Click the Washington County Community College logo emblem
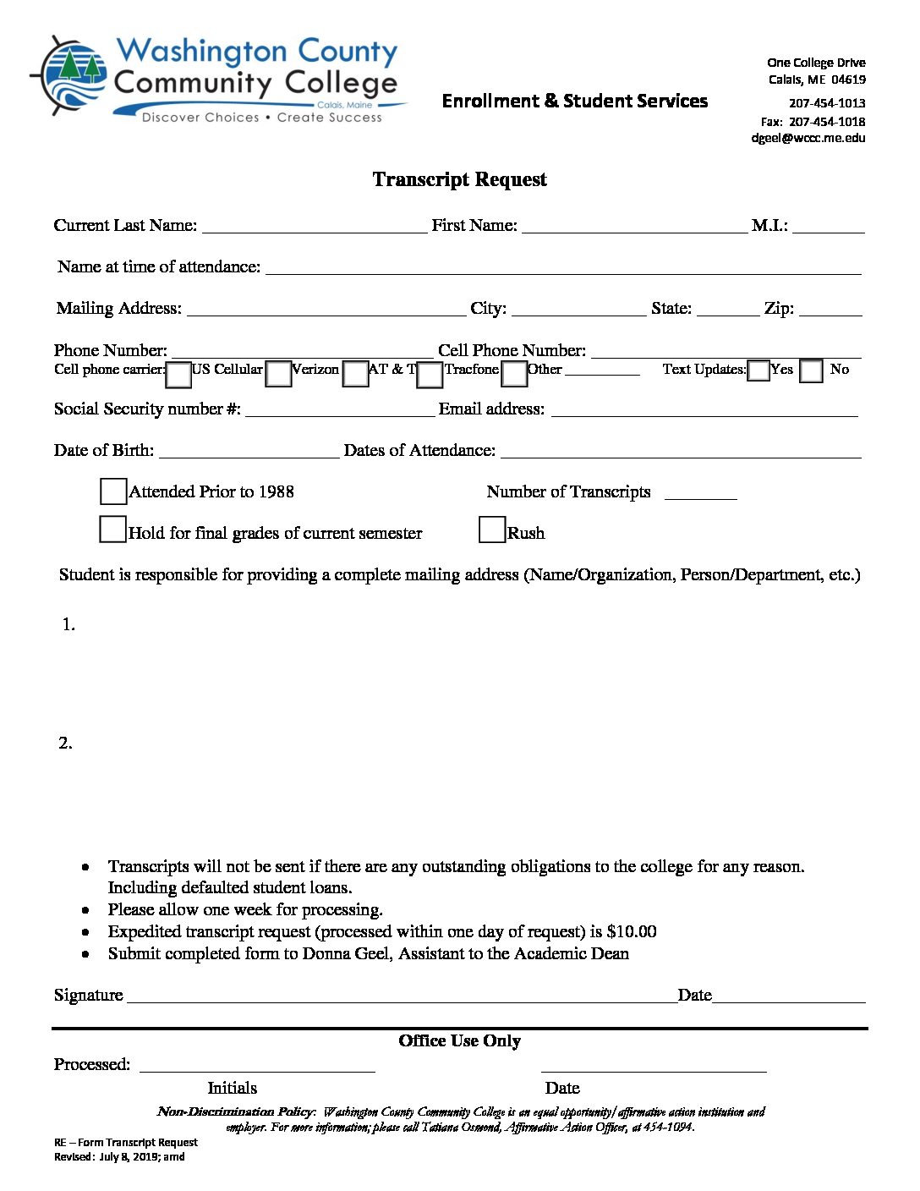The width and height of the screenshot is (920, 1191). (x=69, y=76)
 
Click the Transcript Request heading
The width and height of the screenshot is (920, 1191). (x=459, y=179)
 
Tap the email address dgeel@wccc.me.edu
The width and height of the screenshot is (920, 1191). (x=808, y=138)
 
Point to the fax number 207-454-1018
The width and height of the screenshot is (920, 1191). (x=826, y=121)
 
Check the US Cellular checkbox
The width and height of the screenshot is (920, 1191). (x=178, y=374)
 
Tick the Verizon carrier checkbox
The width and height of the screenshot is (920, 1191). (x=278, y=374)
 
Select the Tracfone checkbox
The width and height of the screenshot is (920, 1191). (x=430, y=374)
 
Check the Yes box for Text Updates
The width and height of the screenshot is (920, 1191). (x=758, y=370)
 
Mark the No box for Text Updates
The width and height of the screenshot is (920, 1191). (x=811, y=371)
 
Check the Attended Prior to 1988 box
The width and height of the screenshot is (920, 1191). (x=113, y=491)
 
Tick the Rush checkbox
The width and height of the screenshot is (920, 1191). (x=491, y=530)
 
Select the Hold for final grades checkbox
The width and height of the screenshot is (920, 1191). (x=112, y=530)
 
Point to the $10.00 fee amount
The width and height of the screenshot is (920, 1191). (x=632, y=931)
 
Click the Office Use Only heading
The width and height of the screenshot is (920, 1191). (x=459, y=1041)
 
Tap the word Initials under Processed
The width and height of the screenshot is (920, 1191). (x=233, y=1088)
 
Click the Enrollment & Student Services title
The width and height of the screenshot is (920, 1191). (x=574, y=102)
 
